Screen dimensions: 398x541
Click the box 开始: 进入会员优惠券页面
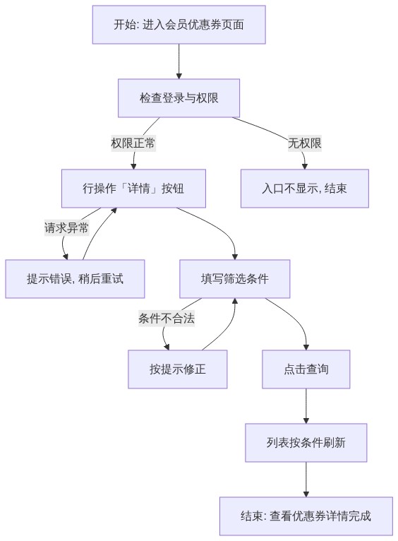tap(179, 25)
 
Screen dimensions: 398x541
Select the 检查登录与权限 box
tap(179, 98)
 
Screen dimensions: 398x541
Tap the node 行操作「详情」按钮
tap(133, 189)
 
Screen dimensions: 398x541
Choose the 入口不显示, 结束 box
tap(305, 189)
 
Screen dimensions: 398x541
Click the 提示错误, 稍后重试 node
tap(75, 279)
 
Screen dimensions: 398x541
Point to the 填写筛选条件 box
tap(235, 279)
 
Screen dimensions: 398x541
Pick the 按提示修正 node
tap(177, 369)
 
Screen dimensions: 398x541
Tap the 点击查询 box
tap(306, 369)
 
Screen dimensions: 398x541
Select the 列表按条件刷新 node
tap(306, 443)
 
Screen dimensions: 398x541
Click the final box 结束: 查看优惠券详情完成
tap(306, 516)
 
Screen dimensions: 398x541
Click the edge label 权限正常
tap(133, 143)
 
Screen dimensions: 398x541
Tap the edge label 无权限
tap(305, 143)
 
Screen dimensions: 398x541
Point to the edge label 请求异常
tap(66, 227)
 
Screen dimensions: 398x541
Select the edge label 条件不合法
tap(167, 318)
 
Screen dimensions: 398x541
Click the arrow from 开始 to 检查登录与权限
tap(179, 61)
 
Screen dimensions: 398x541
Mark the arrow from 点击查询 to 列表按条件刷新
tap(306, 406)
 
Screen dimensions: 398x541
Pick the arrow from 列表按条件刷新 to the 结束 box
tap(306, 480)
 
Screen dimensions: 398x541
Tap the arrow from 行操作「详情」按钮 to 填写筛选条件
tap(221, 228)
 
